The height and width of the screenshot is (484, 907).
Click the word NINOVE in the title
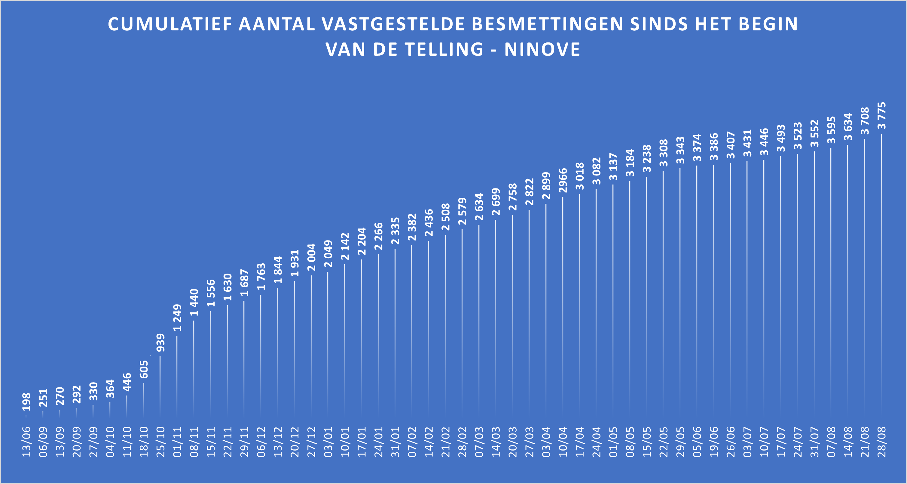coord(542,49)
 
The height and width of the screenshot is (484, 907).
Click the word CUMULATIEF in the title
coord(170,24)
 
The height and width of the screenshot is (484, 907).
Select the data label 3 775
coord(882,116)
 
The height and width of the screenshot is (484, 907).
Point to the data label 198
coord(27,402)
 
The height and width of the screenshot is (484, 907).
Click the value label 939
coord(160,343)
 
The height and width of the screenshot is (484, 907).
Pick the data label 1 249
coord(177,318)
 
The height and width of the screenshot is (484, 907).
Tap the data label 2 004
coord(312,257)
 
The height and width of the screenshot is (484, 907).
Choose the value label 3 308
coord(664,153)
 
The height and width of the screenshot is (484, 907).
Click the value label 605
coord(144,369)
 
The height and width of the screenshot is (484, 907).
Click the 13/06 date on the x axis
coord(27,442)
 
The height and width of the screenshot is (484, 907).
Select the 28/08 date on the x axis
coord(882,442)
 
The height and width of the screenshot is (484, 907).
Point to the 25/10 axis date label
coord(160,442)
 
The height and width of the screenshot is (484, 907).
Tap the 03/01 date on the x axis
coord(328,442)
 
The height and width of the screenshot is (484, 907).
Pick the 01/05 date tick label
coord(613,442)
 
